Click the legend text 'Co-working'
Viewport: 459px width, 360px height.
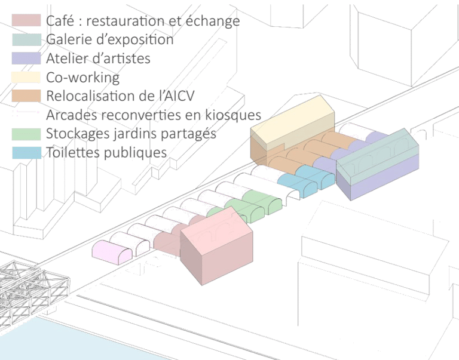pyautogui.click(x=82, y=77)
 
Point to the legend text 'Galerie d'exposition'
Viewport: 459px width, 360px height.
pyautogui.click(x=109, y=40)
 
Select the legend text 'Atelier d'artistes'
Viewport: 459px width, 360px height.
pyautogui.click(x=98, y=59)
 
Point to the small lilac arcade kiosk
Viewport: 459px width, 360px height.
pyautogui.click(x=111, y=251)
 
